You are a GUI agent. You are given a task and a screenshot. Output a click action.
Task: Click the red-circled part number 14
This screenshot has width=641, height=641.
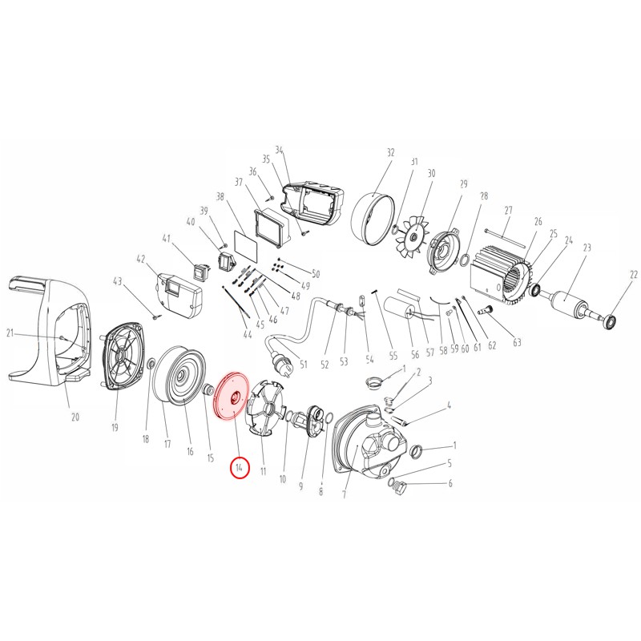pos(239,468)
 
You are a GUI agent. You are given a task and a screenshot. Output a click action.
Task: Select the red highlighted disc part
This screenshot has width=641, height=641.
pos(230,395)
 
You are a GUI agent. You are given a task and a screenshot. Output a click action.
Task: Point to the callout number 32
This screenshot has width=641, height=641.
pos(391,152)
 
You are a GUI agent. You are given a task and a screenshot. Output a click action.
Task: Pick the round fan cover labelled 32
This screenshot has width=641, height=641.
pos(373,219)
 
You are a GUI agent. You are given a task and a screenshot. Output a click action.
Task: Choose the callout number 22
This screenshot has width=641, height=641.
pos(634,276)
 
